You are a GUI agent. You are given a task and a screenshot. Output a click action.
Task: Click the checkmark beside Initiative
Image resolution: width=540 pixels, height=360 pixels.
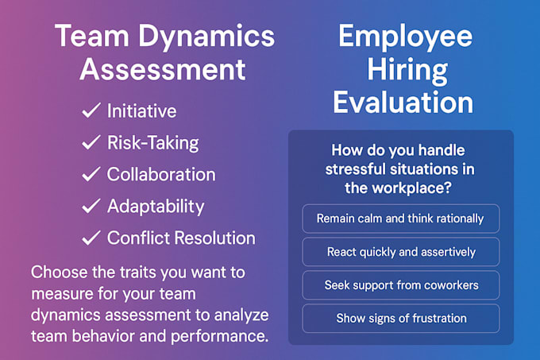pos(91,110)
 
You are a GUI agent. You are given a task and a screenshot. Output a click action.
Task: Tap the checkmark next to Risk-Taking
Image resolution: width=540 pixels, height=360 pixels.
pos(91,142)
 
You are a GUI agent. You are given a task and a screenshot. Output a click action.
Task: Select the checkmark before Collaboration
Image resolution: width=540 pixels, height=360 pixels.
pos(91,174)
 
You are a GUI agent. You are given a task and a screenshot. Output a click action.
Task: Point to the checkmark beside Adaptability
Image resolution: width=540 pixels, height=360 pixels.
pos(91,206)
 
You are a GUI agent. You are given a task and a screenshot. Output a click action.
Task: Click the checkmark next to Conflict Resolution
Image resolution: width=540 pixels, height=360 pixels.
pos(91,238)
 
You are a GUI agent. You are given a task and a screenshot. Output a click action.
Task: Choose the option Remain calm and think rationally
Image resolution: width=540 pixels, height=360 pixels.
pos(401,218)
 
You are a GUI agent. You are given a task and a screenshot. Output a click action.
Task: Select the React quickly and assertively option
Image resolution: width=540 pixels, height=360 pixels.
pos(401,252)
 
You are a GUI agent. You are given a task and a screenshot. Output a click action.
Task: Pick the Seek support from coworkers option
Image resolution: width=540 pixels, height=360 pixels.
pos(401,285)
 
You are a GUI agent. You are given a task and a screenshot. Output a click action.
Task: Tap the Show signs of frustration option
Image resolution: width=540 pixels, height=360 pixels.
pos(401,318)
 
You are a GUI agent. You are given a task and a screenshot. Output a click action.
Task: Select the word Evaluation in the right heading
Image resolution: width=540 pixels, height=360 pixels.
pos(403,103)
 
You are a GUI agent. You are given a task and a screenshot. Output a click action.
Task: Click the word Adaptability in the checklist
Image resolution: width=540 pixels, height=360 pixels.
pos(156,206)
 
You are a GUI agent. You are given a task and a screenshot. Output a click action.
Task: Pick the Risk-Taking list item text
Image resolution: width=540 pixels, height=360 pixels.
pos(152,142)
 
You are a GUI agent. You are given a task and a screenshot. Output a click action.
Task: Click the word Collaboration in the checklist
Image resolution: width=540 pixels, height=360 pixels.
pos(161,174)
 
